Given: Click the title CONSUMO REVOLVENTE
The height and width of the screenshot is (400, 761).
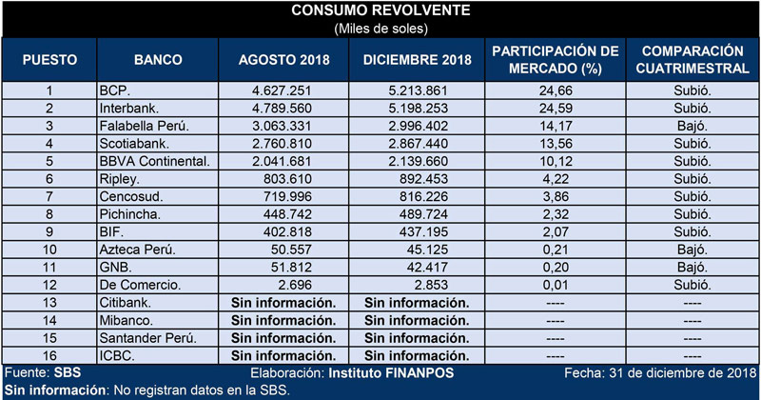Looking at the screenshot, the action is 380,10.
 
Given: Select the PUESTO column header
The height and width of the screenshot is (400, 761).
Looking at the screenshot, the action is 49,60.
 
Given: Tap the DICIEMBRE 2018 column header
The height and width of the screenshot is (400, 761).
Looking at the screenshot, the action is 417,60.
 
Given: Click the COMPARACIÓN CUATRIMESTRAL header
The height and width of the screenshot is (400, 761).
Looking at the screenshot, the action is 693,60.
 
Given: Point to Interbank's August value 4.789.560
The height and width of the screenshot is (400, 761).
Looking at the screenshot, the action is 282,109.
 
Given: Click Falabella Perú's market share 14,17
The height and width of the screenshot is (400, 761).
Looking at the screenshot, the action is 556,126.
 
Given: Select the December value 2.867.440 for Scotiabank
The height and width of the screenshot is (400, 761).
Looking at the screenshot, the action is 418,144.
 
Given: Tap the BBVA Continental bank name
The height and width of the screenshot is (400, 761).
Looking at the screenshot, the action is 155,161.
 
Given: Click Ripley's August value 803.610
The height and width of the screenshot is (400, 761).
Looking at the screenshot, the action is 287,179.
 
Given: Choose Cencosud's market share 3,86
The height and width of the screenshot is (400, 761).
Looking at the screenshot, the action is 556,196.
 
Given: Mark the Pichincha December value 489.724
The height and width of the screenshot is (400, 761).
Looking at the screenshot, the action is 423,214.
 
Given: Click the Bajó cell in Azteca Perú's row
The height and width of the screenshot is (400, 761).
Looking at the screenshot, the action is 693,250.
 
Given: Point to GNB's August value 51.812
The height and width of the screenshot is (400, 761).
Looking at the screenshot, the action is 291,268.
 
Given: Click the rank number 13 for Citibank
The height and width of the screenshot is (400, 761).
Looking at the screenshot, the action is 49,302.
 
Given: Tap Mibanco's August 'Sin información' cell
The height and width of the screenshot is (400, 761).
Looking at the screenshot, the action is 283,320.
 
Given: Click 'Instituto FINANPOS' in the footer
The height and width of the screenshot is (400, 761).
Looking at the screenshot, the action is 391,373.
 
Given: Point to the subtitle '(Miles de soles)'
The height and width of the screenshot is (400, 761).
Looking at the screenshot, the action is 381,29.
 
